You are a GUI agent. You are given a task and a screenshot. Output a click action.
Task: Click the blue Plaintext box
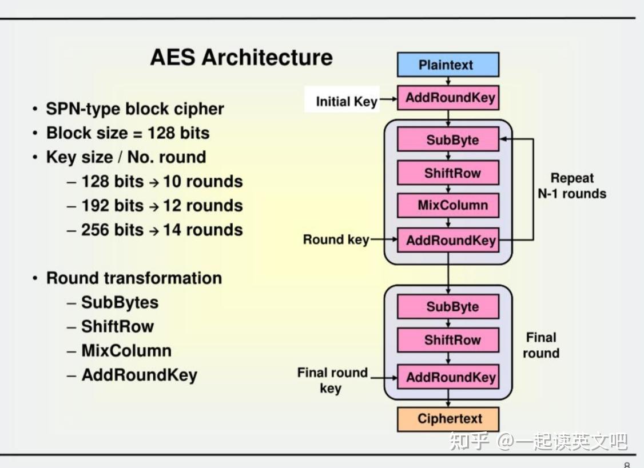[x=448, y=65]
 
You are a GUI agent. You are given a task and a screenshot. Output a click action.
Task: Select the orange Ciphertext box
[x=448, y=419]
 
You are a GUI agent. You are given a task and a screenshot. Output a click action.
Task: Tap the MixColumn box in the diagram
[x=448, y=205]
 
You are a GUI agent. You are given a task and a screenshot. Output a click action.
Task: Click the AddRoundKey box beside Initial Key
[x=448, y=98]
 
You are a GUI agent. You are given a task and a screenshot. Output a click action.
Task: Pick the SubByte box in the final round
[x=448, y=307]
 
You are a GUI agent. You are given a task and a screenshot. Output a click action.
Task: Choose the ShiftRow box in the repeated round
[x=448, y=173]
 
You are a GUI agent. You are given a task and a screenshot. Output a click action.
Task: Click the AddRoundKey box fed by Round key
[x=448, y=240]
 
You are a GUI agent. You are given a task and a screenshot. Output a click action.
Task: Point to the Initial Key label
[x=347, y=101]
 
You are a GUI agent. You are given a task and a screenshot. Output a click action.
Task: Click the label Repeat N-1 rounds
[x=572, y=186]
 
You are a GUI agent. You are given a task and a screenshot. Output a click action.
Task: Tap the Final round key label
[x=332, y=380]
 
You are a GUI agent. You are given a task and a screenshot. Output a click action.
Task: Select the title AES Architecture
[x=241, y=57]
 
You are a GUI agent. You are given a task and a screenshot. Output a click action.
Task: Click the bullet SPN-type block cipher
[x=135, y=109]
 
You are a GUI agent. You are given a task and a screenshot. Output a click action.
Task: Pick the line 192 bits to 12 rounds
[x=162, y=206]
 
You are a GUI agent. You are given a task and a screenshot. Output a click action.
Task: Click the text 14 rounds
[x=203, y=230]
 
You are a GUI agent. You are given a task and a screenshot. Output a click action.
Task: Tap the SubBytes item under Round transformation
[x=120, y=302]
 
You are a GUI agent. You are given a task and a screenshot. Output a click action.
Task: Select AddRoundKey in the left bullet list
[x=139, y=375]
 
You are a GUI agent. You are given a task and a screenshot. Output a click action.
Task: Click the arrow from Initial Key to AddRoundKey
[x=388, y=99]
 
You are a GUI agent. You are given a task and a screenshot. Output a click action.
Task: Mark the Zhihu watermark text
[x=538, y=442]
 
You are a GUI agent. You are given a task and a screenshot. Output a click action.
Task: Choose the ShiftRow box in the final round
[x=448, y=340]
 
